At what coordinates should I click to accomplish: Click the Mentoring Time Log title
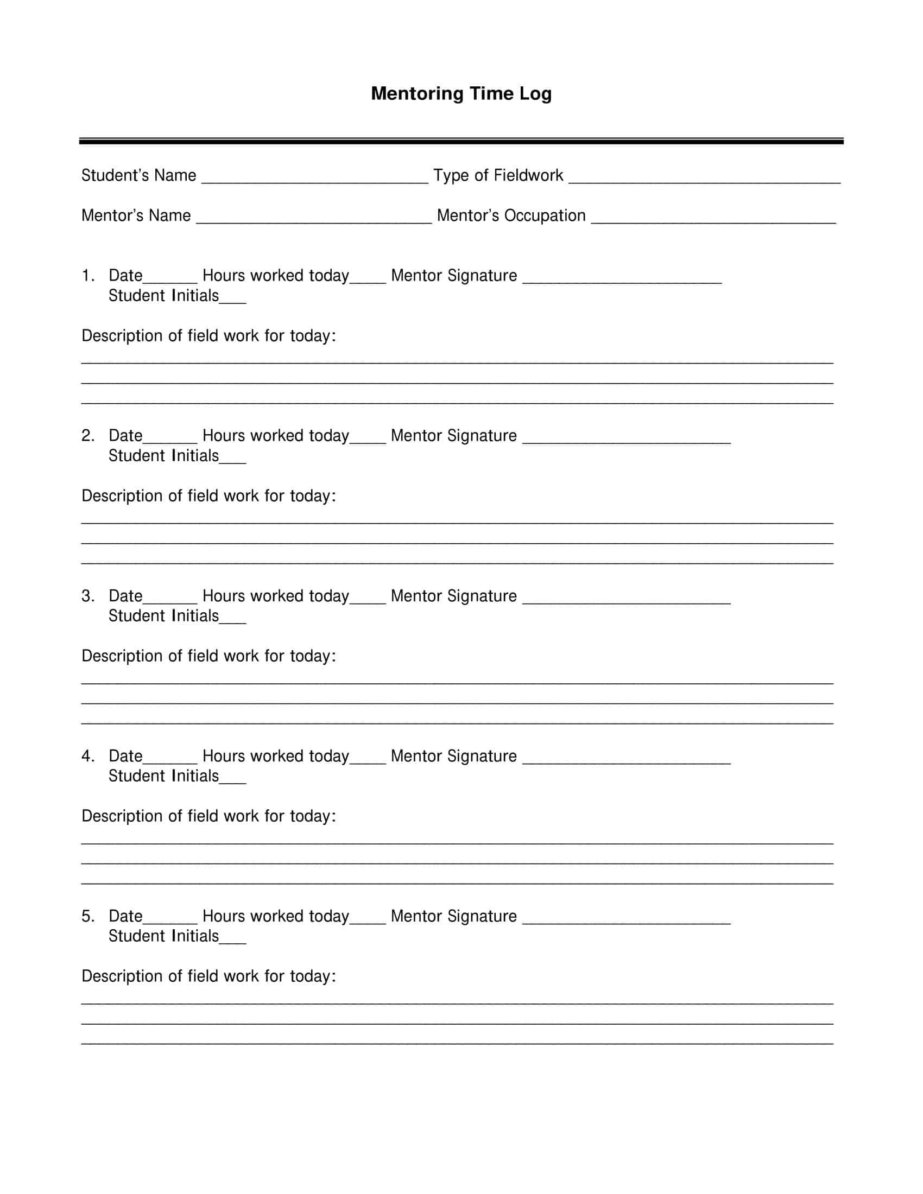point(461,93)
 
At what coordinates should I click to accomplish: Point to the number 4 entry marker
point(87,756)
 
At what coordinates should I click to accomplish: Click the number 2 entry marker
point(87,436)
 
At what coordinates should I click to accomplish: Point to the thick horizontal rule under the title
point(461,141)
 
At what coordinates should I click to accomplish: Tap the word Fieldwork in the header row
point(528,175)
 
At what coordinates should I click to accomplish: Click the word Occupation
point(545,216)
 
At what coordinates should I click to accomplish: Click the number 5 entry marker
point(87,916)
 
